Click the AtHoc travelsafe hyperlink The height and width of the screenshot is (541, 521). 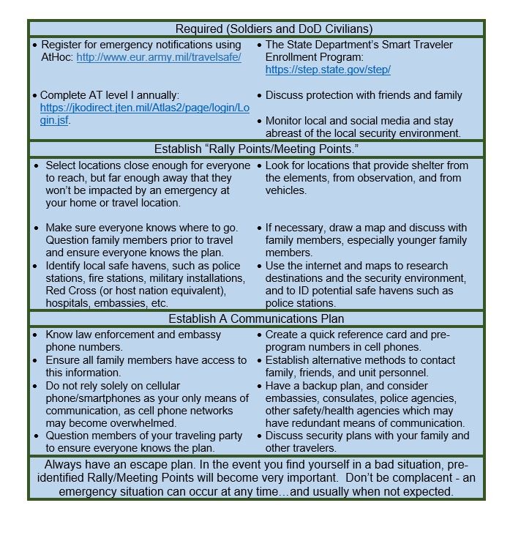[x=159, y=57]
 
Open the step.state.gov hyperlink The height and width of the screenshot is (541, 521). [x=328, y=70]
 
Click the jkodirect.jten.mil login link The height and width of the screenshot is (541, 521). [x=144, y=108]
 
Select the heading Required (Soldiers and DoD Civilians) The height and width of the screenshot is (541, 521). [x=274, y=29]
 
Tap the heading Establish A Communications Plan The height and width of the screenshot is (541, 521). [x=256, y=318]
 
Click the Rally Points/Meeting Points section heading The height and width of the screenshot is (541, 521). [x=256, y=149]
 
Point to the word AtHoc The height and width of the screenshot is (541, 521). [x=57, y=57]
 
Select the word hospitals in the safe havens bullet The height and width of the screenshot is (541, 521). [x=68, y=303]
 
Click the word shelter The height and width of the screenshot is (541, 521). [x=418, y=165]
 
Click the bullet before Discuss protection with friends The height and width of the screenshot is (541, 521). [x=259, y=95]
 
